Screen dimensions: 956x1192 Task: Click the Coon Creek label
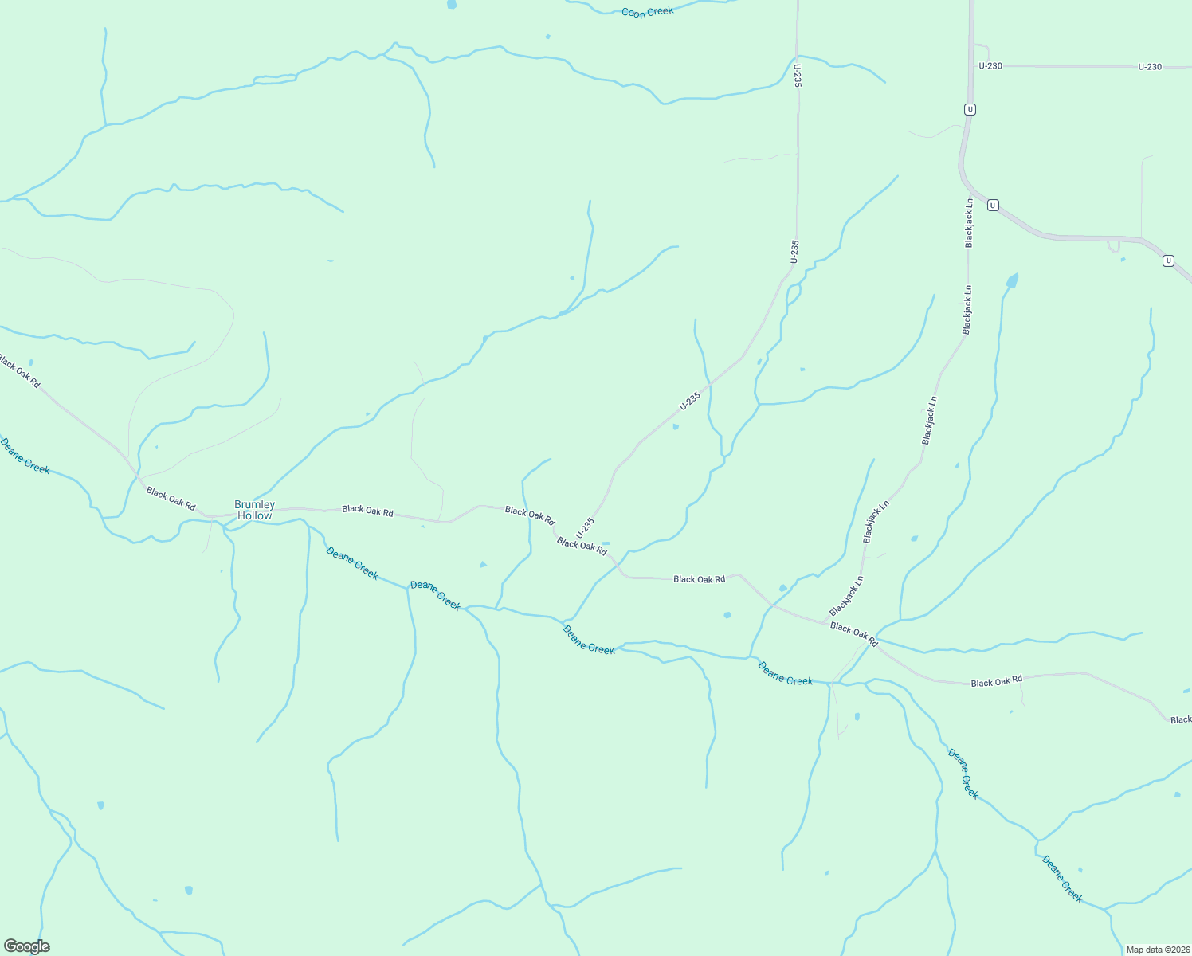click(x=647, y=12)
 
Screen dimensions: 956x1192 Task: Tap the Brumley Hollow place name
click(x=254, y=510)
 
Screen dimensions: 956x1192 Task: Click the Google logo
click(x=26, y=946)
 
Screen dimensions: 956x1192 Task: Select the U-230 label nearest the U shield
click(x=990, y=66)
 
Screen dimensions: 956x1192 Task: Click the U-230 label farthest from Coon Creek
click(x=1150, y=67)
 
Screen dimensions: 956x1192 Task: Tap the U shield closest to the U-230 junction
click(x=969, y=109)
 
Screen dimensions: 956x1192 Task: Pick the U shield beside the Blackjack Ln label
click(x=992, y=205)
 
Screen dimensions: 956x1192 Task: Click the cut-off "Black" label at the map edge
click(x=1180, y=719)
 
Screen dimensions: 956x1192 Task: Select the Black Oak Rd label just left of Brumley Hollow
click(x=171, y=498)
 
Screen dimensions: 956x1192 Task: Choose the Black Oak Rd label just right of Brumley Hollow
click(x=367, y=511)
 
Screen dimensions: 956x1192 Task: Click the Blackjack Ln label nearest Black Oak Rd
click(x=846, y=596)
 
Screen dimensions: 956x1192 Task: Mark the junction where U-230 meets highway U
click(x=974, y=66)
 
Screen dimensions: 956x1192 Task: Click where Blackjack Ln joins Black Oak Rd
click(x=824, y=621)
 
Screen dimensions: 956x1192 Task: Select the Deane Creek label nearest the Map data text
click(x=1062, y=879)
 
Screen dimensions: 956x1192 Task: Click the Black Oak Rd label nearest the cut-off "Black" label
click(x=996, y=682)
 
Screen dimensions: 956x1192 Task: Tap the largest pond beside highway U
click(x=1012, y=280)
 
